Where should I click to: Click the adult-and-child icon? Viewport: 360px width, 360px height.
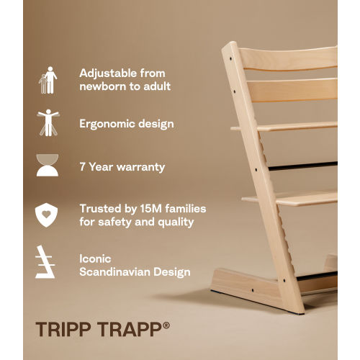click(x=48, y=80)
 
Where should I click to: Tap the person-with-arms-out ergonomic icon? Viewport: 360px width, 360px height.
click(x=48, y=123)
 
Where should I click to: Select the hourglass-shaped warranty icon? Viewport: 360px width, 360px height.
click(x=48, y=166)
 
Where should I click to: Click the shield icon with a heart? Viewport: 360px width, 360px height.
click(x=48, y=215)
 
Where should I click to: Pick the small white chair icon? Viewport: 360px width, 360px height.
click(x=48, y=263)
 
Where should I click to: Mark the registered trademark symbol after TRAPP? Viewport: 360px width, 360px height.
click(x=166, y=325)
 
